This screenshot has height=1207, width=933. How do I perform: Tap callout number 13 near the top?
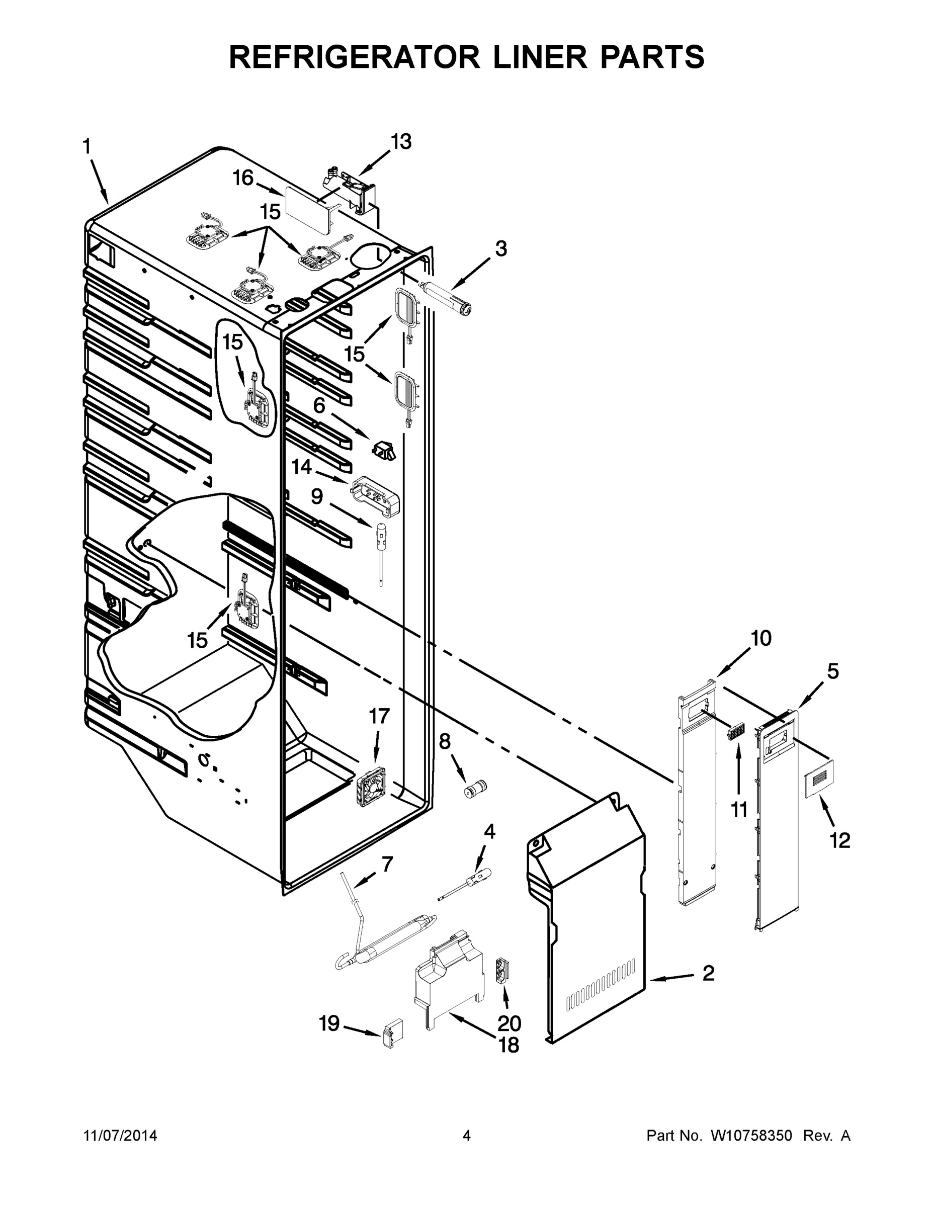[x=401, y=142]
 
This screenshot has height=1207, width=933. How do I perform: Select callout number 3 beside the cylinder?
[x=500, y=249]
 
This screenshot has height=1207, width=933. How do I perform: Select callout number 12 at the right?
[x=839, y=840]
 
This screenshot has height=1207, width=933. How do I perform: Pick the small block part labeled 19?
[x=393, y=1033]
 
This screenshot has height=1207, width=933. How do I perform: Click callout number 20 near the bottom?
[x=509, y=1023]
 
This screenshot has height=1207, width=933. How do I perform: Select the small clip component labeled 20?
[x=502, y=971]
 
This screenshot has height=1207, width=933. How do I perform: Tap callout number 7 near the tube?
[x=387, y=864]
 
